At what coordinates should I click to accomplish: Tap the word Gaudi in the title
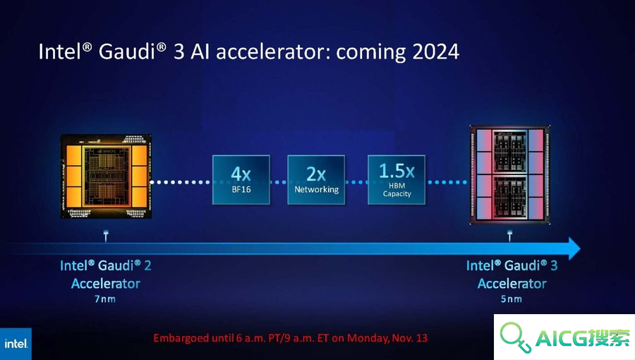click(127, 52)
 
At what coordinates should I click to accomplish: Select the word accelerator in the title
click(273, 52)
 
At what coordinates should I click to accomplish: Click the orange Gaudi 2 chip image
click(106, 176)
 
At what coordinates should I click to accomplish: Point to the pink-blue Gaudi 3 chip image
click(510, 175)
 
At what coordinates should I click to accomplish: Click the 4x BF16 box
click(241, 180)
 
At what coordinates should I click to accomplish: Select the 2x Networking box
click(316, 180)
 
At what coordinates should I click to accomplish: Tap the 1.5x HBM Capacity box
click(397, 180)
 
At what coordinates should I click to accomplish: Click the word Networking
click(316, 189)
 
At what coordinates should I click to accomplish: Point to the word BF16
click(241, 189)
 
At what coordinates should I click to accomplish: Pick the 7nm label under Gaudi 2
click(105, 299)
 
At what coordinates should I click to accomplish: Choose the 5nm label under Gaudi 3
click(511, 299)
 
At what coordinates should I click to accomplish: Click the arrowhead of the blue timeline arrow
click(574, 248)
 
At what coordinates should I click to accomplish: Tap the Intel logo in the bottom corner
click(16, 344)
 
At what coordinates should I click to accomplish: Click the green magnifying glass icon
click(515, 337)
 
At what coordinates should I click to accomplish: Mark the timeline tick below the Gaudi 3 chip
click(510, 236)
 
